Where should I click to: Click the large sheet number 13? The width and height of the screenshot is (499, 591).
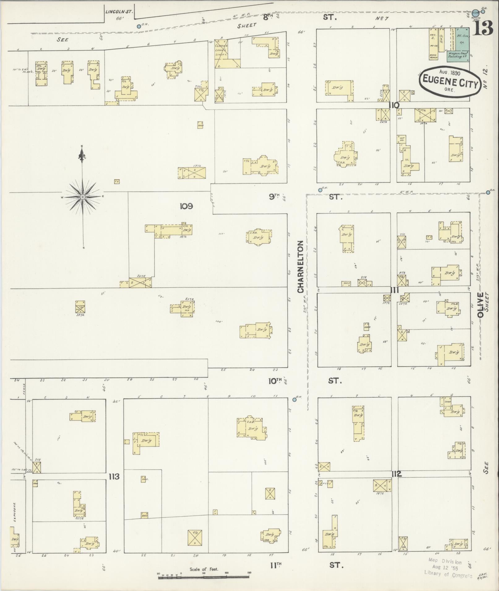482,29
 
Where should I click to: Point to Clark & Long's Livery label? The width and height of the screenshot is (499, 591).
221,49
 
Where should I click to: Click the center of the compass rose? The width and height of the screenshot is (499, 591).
83,197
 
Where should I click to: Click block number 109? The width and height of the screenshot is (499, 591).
186,206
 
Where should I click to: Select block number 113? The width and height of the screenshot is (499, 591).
114,477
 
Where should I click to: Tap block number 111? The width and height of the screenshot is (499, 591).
394,290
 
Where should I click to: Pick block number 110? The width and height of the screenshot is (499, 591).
394,105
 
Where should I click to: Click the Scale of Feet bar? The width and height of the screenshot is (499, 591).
204,576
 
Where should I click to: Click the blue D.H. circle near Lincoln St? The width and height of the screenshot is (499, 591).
139,27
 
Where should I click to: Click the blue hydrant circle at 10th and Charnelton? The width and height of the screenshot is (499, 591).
294,399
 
